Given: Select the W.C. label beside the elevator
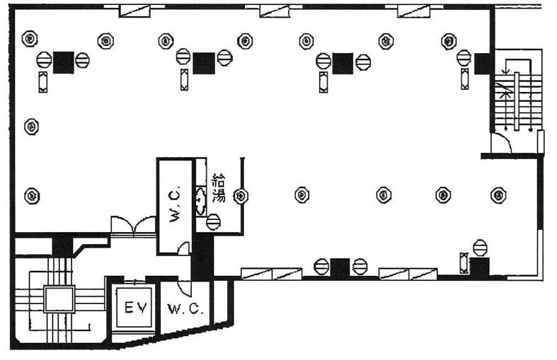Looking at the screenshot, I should (x=185, y=309).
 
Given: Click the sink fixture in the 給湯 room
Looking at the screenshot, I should (x=200, y=195).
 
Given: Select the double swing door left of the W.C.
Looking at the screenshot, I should (x=133, y=226).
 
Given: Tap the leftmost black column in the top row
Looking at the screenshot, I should (x=63, y=63).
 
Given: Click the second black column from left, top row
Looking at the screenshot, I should (x=204, y=63).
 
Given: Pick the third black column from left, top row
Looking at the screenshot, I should (x=343, y=63).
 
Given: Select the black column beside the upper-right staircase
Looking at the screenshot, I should (x=484, y=64).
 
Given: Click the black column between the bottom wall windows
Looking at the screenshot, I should (x=340, y=268).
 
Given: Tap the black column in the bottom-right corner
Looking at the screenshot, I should (x=480, y=268).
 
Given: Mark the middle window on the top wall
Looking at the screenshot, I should (x=275, y=11).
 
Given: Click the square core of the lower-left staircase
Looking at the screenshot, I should (x=59, y=299).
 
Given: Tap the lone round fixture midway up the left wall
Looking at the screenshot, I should (x=31, y=127).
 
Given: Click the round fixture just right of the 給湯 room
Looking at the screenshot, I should (x=241, y=195).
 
